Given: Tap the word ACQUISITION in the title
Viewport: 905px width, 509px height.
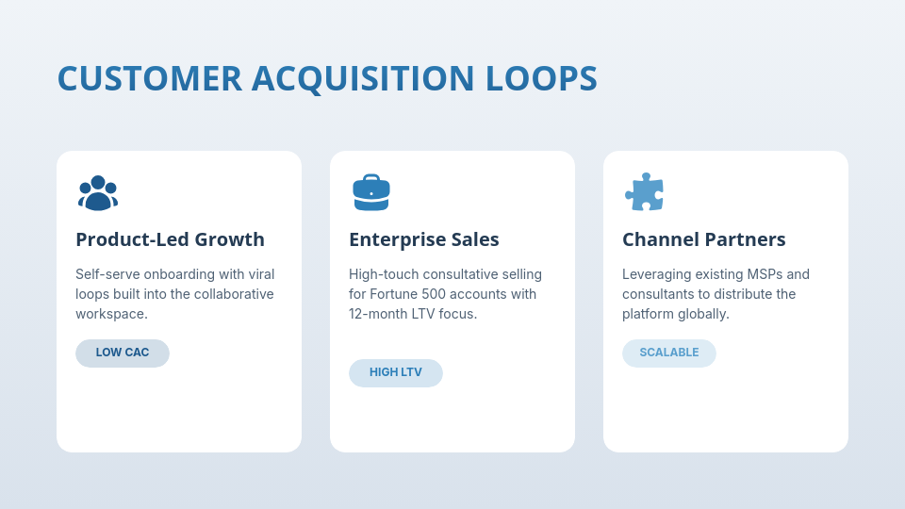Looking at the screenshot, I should click(363, 78).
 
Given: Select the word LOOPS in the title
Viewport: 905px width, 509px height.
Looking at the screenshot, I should click(541, 78).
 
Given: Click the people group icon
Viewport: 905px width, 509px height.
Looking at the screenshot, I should click(98, 192).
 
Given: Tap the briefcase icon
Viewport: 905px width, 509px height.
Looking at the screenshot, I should click(371, 192).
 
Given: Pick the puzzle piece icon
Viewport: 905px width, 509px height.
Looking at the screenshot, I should click(645, 192).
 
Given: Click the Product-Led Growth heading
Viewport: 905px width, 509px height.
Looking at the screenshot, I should click(170, 239).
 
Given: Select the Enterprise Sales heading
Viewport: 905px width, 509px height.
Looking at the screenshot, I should click(424, 239).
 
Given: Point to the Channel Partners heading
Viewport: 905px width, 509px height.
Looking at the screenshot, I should click(704, 239).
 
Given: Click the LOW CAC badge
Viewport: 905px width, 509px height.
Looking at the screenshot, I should click(123, 353).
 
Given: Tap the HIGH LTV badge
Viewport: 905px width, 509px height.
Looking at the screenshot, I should click(396, 372).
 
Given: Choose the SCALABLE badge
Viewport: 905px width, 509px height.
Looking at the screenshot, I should click(669, 353).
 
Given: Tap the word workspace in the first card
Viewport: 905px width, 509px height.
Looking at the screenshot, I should click(111, 314).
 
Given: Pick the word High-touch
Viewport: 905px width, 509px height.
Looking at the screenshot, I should click(384, 274).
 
